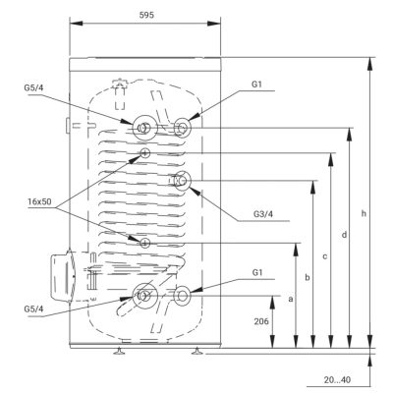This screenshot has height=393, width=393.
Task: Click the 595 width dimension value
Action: coord(146,15)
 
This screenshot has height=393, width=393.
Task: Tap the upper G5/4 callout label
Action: coord(33,87)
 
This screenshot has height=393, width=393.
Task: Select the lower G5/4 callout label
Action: coord(33,309)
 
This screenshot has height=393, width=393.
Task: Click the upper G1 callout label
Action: coord(257,84)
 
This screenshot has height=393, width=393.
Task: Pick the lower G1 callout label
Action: coord(257,272)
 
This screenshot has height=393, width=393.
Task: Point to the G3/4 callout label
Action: coord(263,214)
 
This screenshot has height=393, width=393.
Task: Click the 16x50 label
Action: coord(39,201)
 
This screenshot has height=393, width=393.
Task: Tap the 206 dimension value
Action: coord(261,321)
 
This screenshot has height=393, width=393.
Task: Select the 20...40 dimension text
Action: coord(337,380)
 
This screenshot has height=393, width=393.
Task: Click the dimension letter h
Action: coord(364,213)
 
